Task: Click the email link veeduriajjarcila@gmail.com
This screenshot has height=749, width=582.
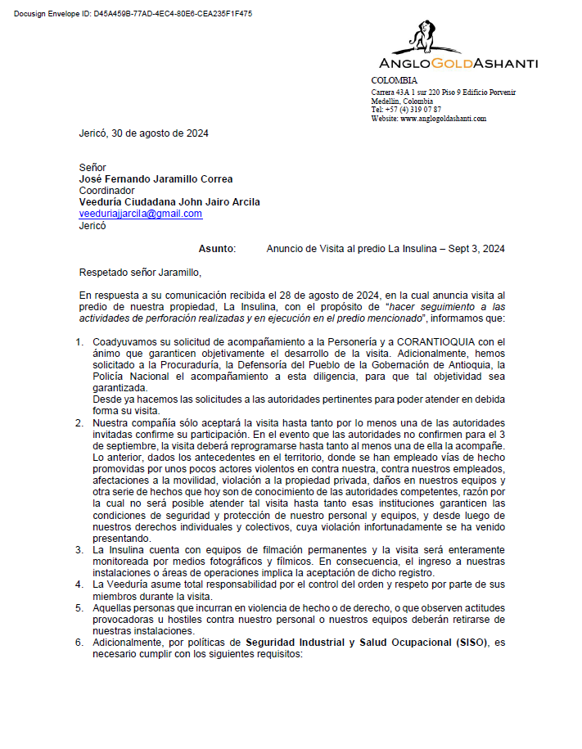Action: coord(140,214)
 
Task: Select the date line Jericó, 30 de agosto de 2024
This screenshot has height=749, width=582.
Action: coord(143,133)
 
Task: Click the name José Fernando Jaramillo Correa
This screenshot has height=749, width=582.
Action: coord(156,179)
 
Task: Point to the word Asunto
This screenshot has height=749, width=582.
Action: coord(217,249)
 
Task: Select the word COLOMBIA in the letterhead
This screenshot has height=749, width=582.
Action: coord(394,80)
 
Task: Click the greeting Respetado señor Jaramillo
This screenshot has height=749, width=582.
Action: coord(139,273)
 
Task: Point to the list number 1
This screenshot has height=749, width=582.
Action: coord(79,342)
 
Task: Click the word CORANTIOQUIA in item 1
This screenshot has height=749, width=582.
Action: coord(430,342)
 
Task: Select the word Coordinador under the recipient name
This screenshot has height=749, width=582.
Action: coord(106,191)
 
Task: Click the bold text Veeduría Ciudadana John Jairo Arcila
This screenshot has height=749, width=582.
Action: coord(169,202)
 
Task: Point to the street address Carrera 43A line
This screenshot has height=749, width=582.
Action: coord(443,92)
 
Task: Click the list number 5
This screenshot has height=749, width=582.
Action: coord(79,608)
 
